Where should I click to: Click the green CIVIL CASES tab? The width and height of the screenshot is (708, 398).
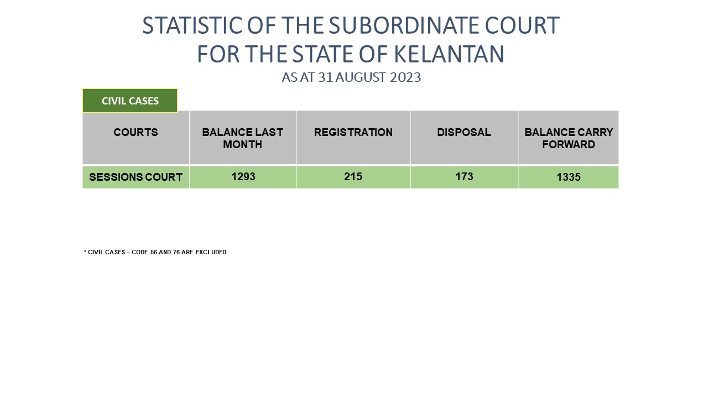[x=130, y=101]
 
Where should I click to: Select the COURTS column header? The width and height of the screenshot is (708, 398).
[x=136, y=132]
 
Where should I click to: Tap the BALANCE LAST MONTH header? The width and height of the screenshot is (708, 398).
[x=242, y=138]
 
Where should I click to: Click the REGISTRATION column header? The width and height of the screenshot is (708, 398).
[x=353, y=132]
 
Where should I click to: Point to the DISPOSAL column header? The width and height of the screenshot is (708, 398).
[x=464, y=132]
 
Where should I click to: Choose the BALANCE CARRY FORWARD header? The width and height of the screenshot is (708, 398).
[x=569, y=138]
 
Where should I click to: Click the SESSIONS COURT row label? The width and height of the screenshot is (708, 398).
[x=136, y=177]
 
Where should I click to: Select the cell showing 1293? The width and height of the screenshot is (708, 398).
[x=243, y=176]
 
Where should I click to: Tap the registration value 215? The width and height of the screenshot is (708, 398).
[x=353, y=176]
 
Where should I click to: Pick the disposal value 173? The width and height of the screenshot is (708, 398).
[x=464, y=176]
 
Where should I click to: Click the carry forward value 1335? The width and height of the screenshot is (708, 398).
[x=569, y=177]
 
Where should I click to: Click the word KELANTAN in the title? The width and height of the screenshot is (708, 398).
[x=449, y=54]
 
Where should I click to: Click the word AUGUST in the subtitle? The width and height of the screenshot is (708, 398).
[x=360, y=77]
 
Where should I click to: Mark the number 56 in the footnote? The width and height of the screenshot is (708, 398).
[x=154, y=252]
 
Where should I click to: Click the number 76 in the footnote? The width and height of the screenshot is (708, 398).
[x=176, y=252]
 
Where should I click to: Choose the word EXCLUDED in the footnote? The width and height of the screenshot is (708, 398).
[x=211, y=252]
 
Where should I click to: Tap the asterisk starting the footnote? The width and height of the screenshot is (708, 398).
[x=85, y=252]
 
